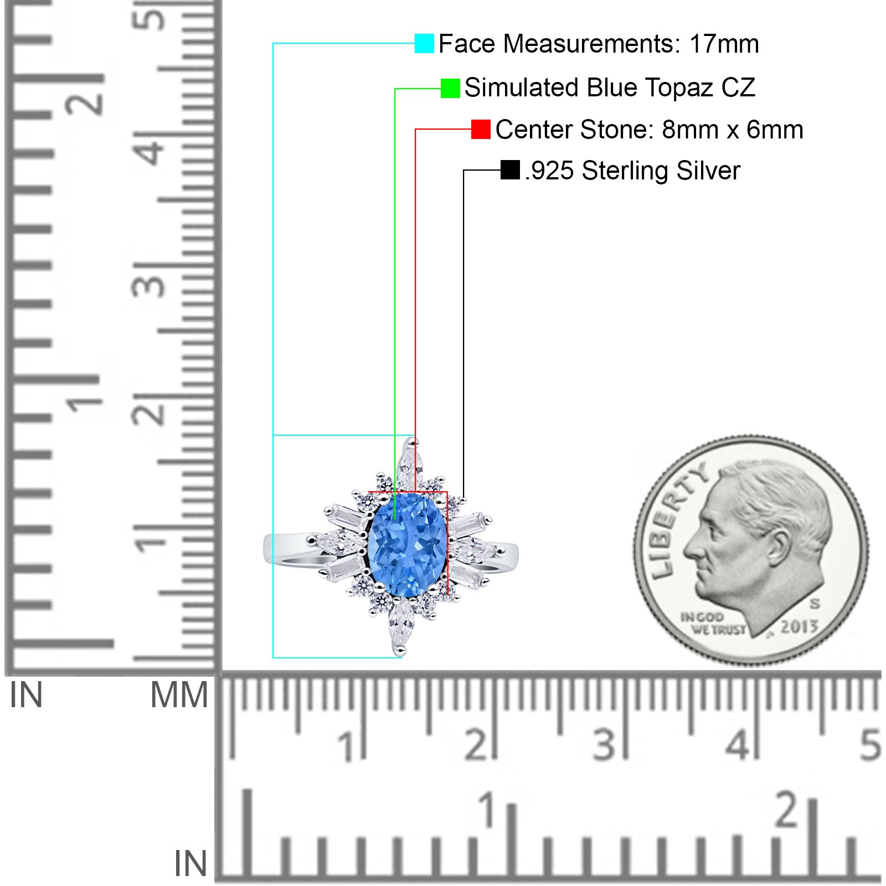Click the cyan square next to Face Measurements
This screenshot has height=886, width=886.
coord(424,43)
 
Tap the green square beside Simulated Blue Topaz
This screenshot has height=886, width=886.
coord(450,88)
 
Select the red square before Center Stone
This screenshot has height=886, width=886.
coord(481,130)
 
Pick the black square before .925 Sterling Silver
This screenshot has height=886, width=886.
coord(510,170)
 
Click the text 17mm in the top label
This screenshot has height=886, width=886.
coord(724,44)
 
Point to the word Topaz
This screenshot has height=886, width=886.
coord(679,88)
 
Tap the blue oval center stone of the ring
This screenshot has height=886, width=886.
coord(407,545)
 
